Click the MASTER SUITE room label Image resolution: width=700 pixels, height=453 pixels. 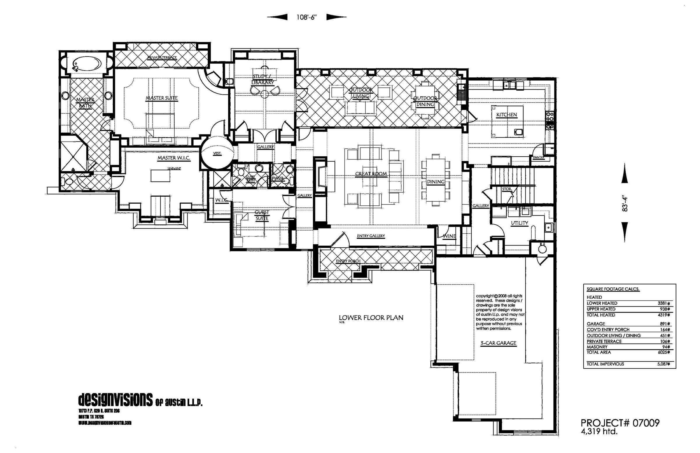click(x=162, y=98)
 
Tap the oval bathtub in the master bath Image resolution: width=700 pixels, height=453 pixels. click(x=87, y=64)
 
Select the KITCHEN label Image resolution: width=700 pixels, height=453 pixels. click(x=506, y=115)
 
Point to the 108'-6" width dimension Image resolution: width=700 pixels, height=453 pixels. click(x=306, y=17)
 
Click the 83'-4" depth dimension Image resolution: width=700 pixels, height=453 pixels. click(x=625, y=204)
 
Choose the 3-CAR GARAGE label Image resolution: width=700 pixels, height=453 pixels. click(x=498, y=343)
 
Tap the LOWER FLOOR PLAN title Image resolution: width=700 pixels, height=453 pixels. click(x=371, y=318)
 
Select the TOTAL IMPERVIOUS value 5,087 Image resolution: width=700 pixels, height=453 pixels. click(x=664, y=364)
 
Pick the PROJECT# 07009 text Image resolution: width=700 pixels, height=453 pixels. click(x=620, y=423)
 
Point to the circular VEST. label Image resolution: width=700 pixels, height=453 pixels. click(x=217, y=153)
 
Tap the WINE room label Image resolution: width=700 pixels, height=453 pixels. click(x=449, y=236)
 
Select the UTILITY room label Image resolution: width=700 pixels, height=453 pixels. click(x=519, y=223)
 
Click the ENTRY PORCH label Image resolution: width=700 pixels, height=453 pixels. click(x=348, y=261)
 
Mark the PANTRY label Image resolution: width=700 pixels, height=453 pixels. click(x=538, y=158)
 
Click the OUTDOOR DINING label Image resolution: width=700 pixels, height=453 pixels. click(x=425, y=101)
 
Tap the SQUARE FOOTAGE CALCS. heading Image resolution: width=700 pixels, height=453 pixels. click(x=613, y=289)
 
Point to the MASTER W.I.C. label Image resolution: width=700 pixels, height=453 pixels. click(x=174, y=158)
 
